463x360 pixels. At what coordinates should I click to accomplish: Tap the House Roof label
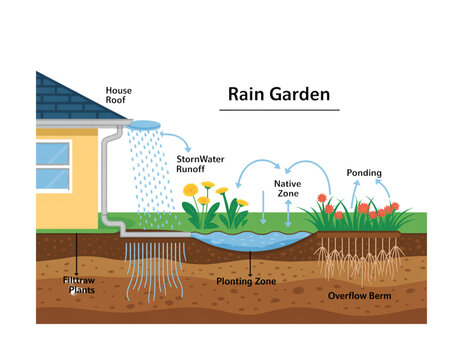coord(119,96)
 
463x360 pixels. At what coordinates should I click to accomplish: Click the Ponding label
coord(363,173)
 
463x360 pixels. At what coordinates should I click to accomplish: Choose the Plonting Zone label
coord(247,282)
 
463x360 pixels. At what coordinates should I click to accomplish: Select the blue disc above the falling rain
coord(145,125)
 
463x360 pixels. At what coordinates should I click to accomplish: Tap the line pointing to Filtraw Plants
coord(76,256)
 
